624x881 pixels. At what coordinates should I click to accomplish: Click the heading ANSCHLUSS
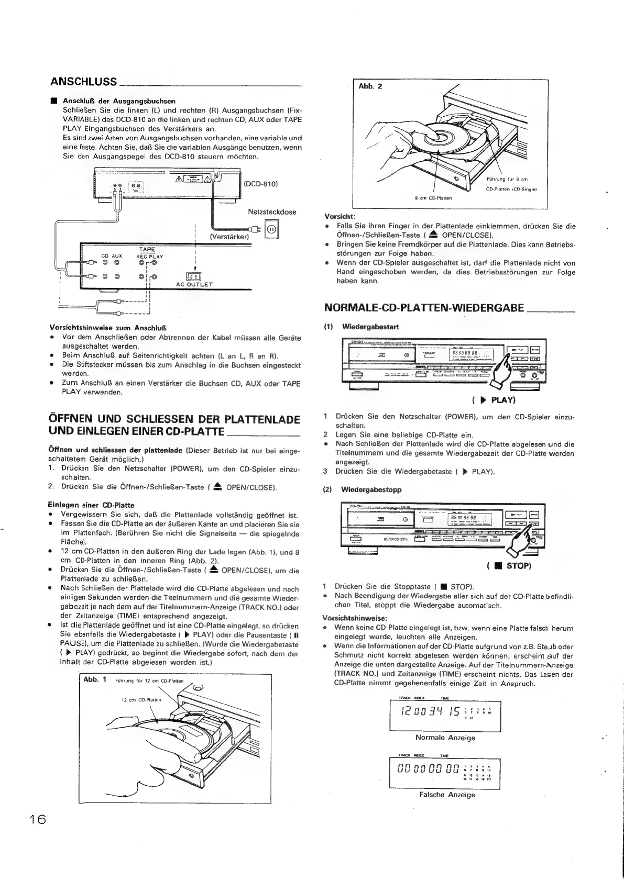(x=84, y=82)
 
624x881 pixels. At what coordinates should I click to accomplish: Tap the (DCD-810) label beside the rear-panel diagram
(x=260, y=184)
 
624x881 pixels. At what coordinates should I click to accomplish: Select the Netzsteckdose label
(x=272, y=212)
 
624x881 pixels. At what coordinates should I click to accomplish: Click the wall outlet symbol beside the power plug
(x=272, y=229)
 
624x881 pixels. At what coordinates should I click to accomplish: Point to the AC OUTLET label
(x=194, y=284)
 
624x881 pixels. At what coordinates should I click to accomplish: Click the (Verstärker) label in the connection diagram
(x=229, y=237)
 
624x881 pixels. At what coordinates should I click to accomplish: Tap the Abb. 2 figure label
(x=370, y=86)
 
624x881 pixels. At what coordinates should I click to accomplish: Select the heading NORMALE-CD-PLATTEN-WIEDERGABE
(x=424, y=307)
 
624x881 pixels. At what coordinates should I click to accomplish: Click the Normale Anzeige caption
(x=445, y=738)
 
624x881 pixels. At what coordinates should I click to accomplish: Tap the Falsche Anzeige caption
(x=447, y=795)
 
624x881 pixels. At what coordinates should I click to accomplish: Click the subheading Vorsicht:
(x=340, y=216)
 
